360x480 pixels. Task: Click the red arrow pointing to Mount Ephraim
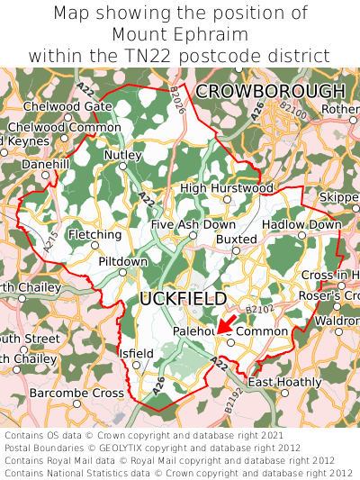pyautogui.click(x=227, y=324)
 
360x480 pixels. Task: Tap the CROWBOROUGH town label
pyautogui.click(x=270, y=91)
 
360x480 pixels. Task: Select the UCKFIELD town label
pyautogui.click(x=184, y=298)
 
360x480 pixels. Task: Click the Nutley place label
pyautogui.click(x=123, y=155)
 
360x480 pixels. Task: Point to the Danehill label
pyautogui.click(x=45, y=166)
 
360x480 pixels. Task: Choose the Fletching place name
pyautogui.click(x=94, y=235)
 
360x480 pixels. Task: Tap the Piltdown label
pyautogui.click(x=122, y=261)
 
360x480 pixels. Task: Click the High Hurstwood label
pyautogui.click(x=227, y=188)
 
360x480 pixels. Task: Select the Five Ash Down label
pyautogui.click(x=193, y=224)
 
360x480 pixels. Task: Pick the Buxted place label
pyautogui.click(x=237, y=239)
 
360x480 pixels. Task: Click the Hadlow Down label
pyautogui.click(x=301, y=224)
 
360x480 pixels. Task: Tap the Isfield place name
pyautogui.click(x=137, y=354)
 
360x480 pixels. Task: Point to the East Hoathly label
pyautogui.click(x=284, y=382)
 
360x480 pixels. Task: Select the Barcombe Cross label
pyautogui.click(x=76, y=394)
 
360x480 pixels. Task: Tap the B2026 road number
pyautogui.click(x=177, y=103)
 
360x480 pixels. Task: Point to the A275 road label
pyautogui.click(x=50, y=239)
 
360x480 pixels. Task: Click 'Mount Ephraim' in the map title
pyautogui.click(x=180, y=34)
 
